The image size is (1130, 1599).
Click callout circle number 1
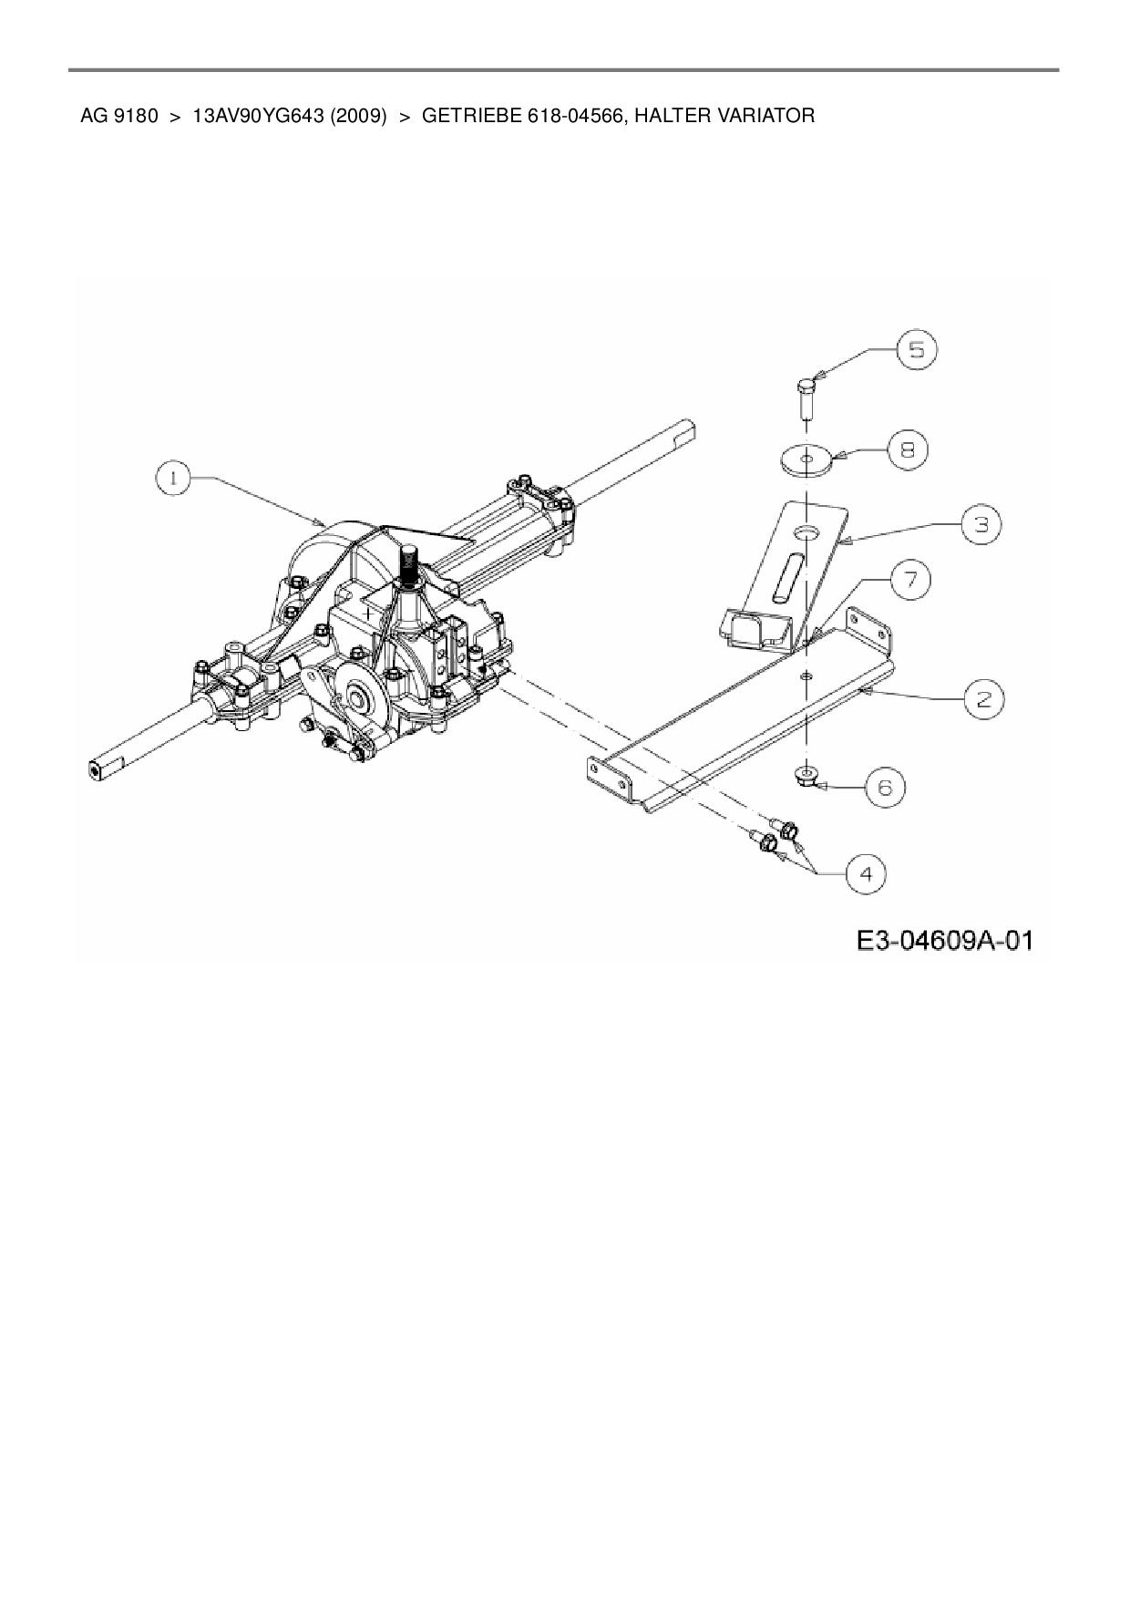(174, 478)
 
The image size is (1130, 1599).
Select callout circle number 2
(984, 699)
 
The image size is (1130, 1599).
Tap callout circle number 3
(981, 524)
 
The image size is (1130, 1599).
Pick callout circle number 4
(865, 874)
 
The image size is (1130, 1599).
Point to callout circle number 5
(916, 349)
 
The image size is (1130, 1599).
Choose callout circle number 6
(884, 786)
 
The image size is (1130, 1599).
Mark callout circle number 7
(911, 580)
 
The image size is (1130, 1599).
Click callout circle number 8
(909, 449)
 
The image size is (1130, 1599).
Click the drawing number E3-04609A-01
(944, 940)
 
